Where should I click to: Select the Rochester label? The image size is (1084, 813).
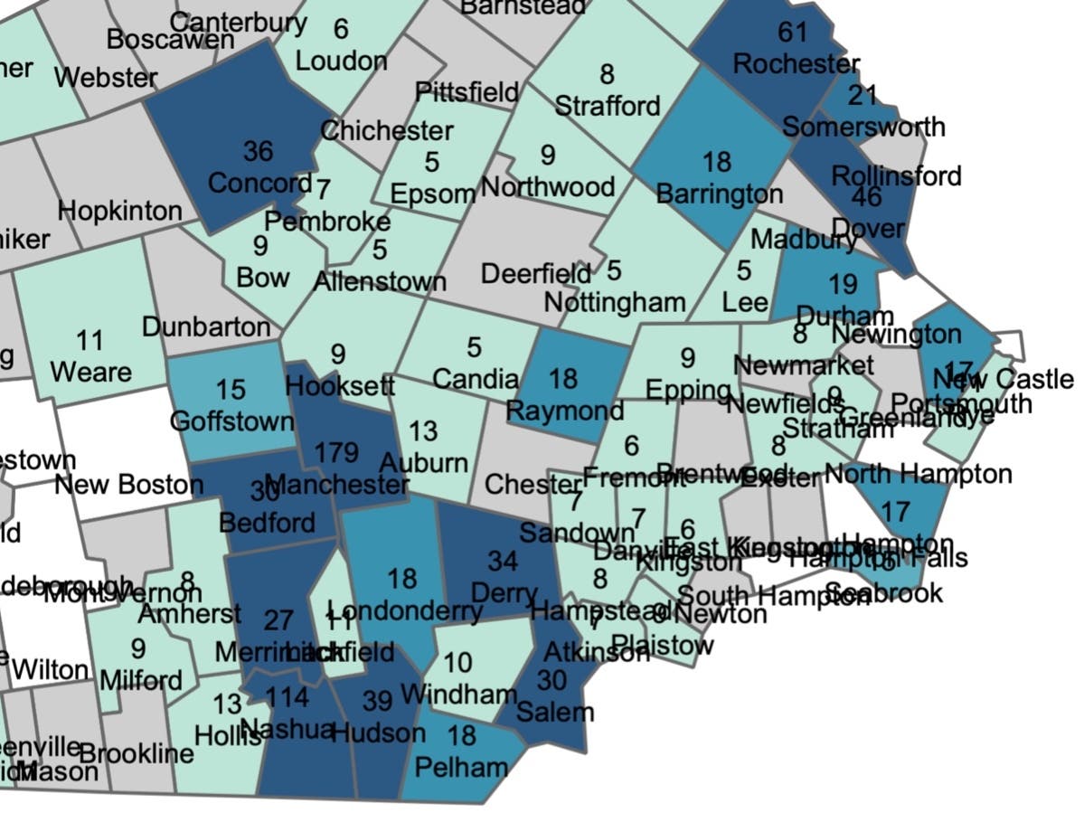[x=796, y=64]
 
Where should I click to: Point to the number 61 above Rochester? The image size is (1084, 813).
[x=792, y=32]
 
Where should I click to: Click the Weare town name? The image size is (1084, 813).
[x=90, y=372]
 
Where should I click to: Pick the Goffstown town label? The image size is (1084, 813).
[x=231, y=421]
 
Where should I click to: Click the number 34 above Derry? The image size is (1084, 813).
[x=503, y=561]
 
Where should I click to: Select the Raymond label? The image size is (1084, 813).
[x=564, y=411]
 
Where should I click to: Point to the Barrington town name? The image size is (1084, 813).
[x=719, y=194]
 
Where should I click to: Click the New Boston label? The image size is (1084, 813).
[x=128, y=485]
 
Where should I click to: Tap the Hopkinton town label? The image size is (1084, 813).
[x=120, y=212]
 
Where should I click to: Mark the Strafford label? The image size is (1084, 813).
[x=607, y=106]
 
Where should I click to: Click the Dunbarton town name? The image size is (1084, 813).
[x=206, y=326]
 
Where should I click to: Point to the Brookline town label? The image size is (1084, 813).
[x=137, y=753]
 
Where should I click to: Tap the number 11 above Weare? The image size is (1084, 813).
[x=90, y=341]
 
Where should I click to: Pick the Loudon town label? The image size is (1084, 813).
[x=341, y=61]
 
